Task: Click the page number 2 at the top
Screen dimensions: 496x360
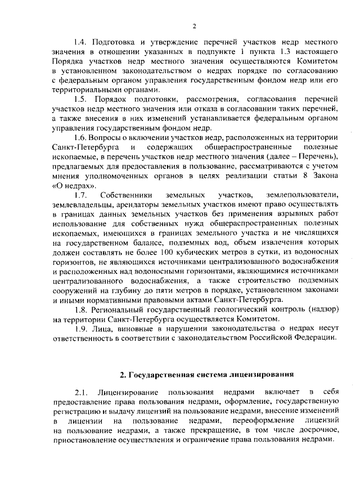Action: coord(193,25)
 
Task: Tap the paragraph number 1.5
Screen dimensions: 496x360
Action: coord(82,98)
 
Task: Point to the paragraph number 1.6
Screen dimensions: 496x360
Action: coord(81,138)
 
